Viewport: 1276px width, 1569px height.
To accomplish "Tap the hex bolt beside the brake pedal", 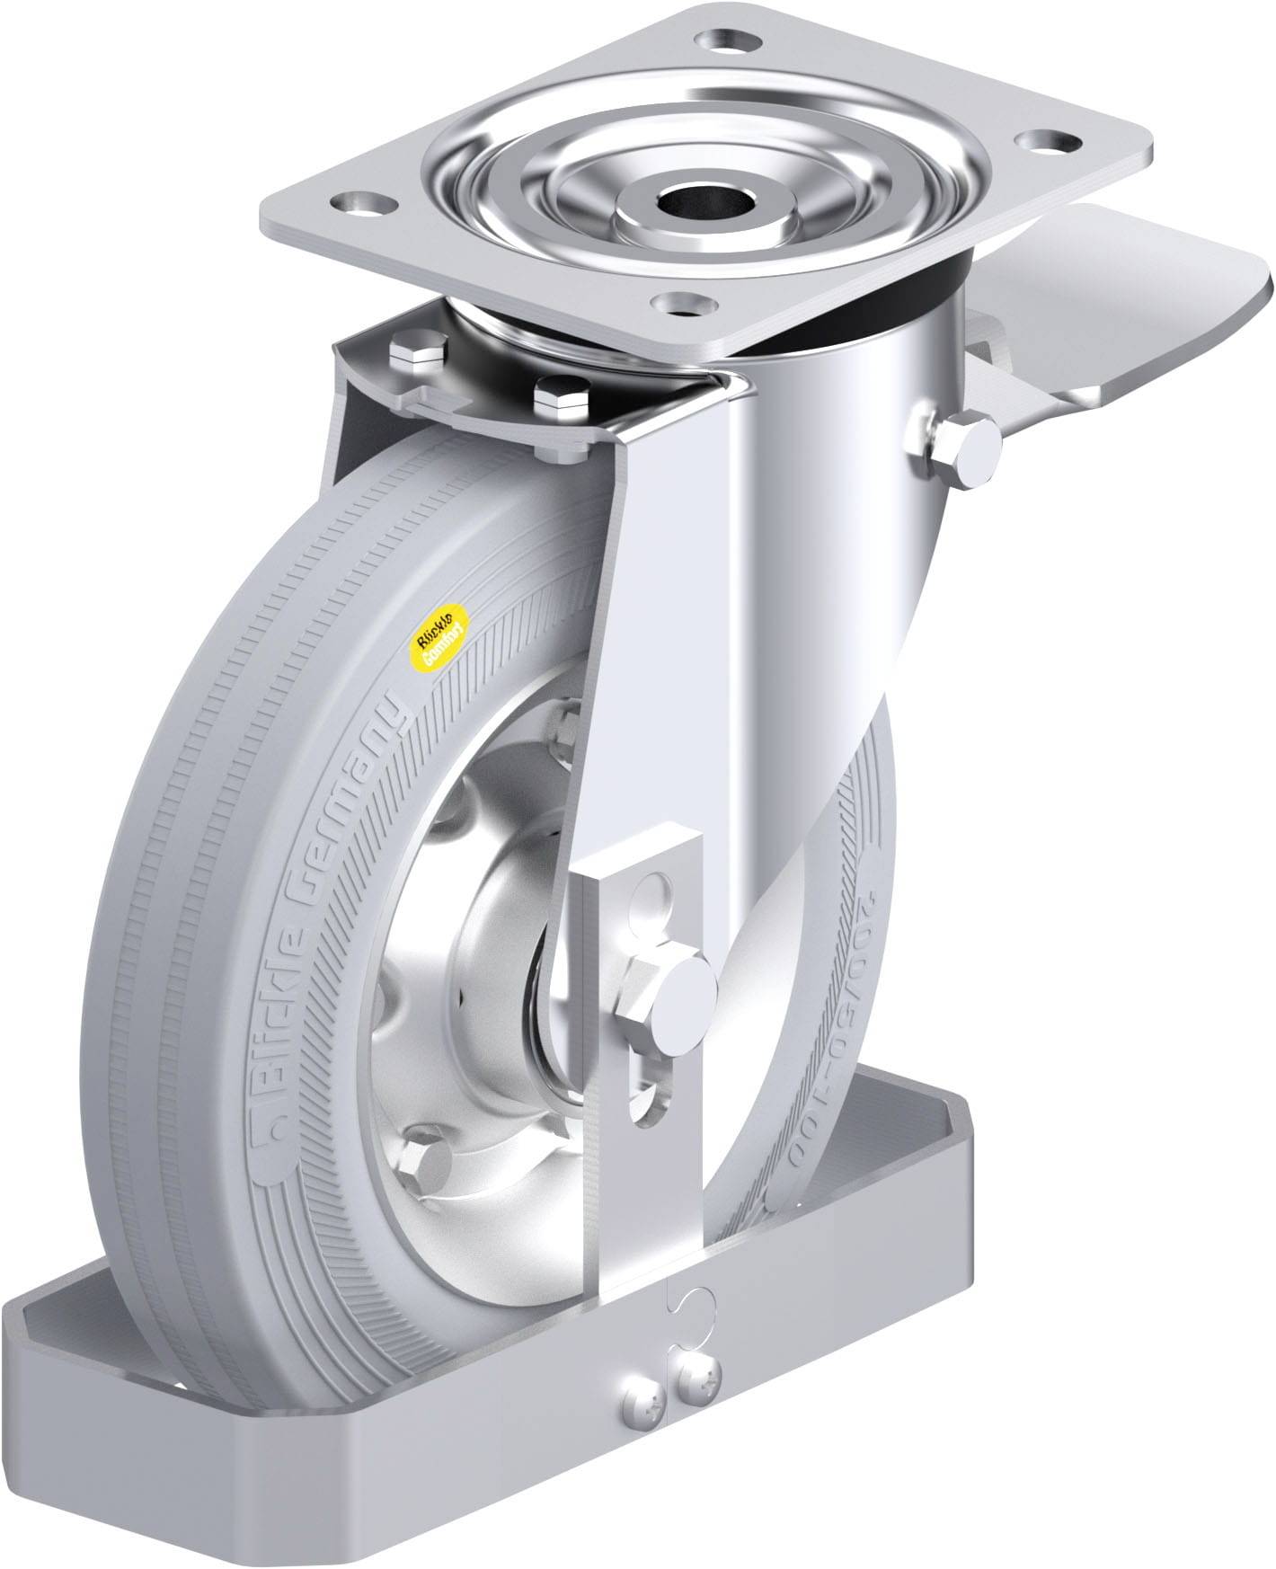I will [x=972, y=447].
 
